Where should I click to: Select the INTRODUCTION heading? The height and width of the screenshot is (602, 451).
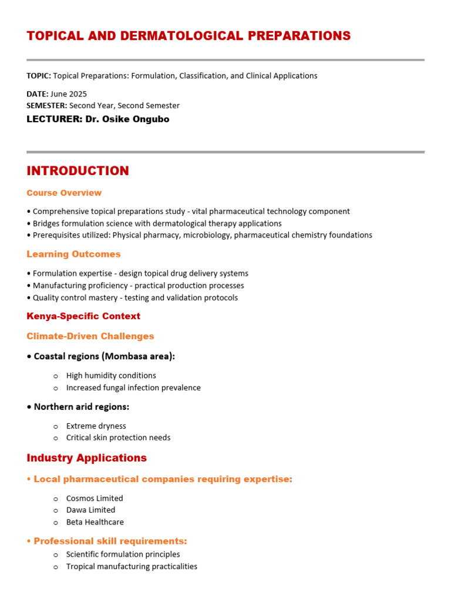point(78,171)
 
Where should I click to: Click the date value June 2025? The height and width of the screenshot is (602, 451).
point(69,94)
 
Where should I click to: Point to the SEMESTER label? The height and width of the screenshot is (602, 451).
point(47,106)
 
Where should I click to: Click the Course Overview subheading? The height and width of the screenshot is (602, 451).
point(64,193)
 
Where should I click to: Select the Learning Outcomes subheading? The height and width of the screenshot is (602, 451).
point(73,254)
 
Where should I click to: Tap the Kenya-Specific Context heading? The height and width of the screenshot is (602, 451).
point(83,316)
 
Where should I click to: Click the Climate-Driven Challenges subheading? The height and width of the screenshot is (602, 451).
point(90,336)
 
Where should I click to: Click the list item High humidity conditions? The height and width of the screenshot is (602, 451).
point(111,376)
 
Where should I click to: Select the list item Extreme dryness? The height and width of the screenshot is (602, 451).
point(96,426)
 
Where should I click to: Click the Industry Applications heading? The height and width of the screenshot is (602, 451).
point(86,458)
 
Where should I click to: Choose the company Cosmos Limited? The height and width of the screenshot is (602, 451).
point(95,499)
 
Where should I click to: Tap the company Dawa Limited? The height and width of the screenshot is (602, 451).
point(90,510)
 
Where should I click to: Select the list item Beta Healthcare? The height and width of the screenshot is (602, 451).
point(95,522)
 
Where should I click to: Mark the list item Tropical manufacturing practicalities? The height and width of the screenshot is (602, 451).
point(132,567)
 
